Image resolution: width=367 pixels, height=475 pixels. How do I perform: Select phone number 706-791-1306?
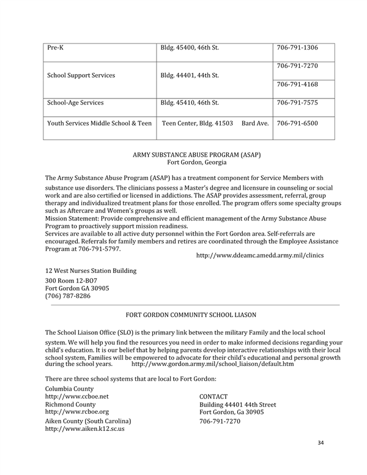297,48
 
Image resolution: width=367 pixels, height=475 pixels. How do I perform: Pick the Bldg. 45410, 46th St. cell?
190,103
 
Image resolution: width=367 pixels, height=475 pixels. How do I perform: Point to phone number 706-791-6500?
297,123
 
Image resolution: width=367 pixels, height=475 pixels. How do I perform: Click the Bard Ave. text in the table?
255,123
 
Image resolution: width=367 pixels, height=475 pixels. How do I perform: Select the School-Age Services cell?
75,103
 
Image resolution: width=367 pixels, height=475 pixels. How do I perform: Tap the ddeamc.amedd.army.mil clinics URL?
259,255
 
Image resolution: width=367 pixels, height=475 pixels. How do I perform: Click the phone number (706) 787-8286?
68,296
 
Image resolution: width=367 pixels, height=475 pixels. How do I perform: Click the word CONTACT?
213,397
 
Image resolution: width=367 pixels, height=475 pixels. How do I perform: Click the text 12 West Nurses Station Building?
91,271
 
